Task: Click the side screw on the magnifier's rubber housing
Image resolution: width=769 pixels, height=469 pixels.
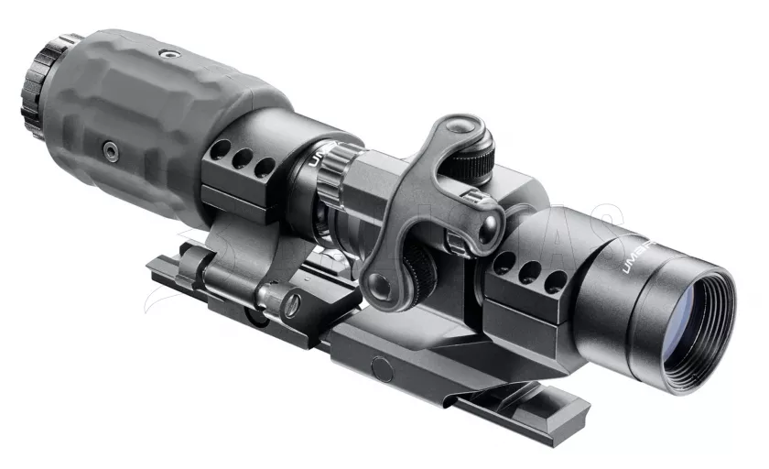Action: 110,146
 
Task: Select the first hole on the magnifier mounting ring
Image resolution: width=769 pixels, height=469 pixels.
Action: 222,148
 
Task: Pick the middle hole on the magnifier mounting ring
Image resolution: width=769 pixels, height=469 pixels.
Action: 243,158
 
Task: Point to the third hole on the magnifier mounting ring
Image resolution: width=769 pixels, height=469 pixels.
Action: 264,168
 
